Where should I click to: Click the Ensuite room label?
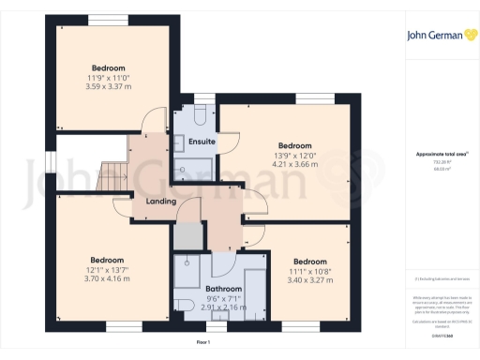[x=202, y=142]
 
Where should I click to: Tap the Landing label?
[x=160, y=201]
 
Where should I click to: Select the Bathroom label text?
[x=224, y=289]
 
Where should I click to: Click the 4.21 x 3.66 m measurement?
[x=294, y=164]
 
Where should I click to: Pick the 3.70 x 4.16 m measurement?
[x=107, y=278]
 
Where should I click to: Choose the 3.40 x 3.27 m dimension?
[x=308, y=279]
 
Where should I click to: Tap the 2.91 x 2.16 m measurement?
[x=224, y=307]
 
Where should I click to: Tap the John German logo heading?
[x=436, y=37]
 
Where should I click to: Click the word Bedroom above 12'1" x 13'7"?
[x=107, y=260]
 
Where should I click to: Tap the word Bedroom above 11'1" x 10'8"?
[x=309, y=261]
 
